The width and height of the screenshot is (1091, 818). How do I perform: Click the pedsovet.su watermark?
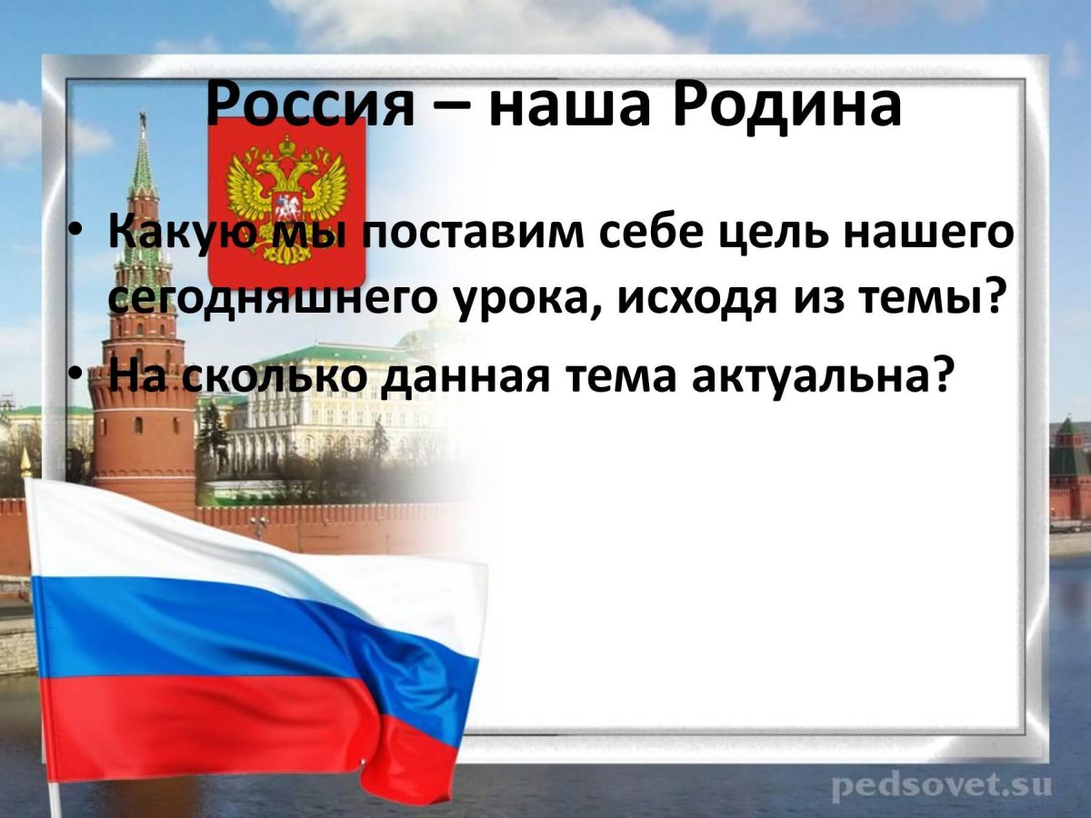coord(940,783)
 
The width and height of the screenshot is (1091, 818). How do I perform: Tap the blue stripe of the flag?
coord(227,627)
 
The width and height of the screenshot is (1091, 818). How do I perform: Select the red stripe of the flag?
coord(227,727)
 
